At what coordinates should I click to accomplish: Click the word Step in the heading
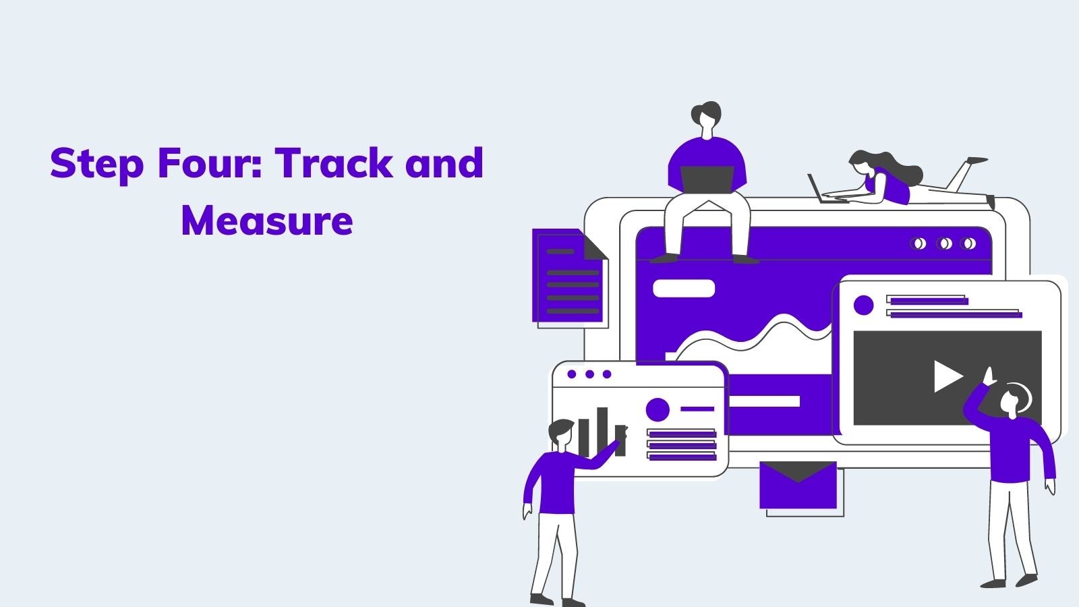97,165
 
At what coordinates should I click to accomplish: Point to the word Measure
267,221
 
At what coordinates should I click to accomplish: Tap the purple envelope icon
798,485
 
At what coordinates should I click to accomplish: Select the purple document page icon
568,276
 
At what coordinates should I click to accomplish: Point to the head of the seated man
706,119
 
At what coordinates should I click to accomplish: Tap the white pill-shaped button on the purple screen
684,289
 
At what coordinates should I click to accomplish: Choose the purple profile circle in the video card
863,306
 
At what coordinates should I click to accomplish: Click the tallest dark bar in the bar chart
602,432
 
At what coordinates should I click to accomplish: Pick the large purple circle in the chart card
658,409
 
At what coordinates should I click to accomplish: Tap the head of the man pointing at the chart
561,433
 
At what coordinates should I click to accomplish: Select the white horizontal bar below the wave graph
764,401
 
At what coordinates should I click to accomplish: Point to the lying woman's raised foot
978,161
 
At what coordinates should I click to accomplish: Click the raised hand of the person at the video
989,376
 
